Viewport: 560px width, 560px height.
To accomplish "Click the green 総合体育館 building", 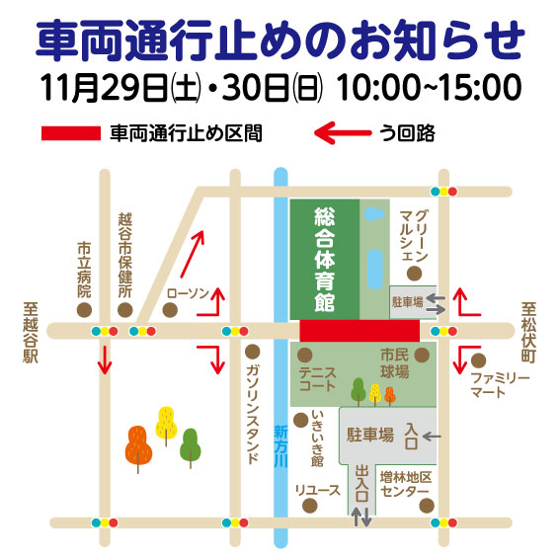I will (x=324, y=259).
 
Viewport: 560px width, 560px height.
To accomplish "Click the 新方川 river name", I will (x=280, y=445).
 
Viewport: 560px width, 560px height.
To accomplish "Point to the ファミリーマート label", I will (x=500, y=385).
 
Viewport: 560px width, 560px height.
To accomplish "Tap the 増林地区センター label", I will (x=404, y=484).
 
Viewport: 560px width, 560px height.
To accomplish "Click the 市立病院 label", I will (x=84, y=271).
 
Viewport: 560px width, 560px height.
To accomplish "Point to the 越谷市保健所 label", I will (x=124, y=255).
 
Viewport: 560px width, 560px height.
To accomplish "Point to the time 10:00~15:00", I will (x=430, y=87).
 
